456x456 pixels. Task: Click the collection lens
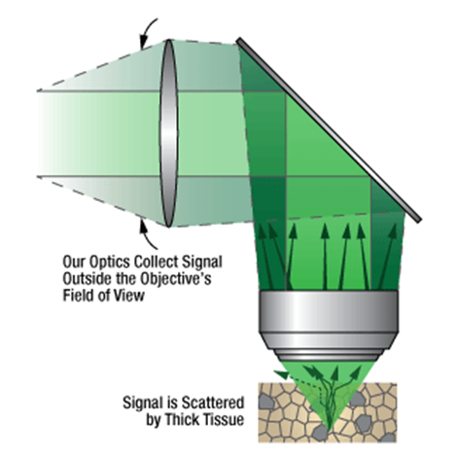coord(169,133)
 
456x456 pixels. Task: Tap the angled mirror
coord(329,129)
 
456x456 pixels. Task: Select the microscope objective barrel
coord(328,326)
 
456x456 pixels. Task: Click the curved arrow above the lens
coord(148,32)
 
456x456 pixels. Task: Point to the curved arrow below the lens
coord(147,235)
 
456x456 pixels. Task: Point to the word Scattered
coord(212,403)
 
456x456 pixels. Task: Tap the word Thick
coord(182,420)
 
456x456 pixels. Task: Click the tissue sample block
coord(328,412)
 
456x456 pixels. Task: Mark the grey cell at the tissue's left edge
coord(266,402)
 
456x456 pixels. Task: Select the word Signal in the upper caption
coord(202,262)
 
